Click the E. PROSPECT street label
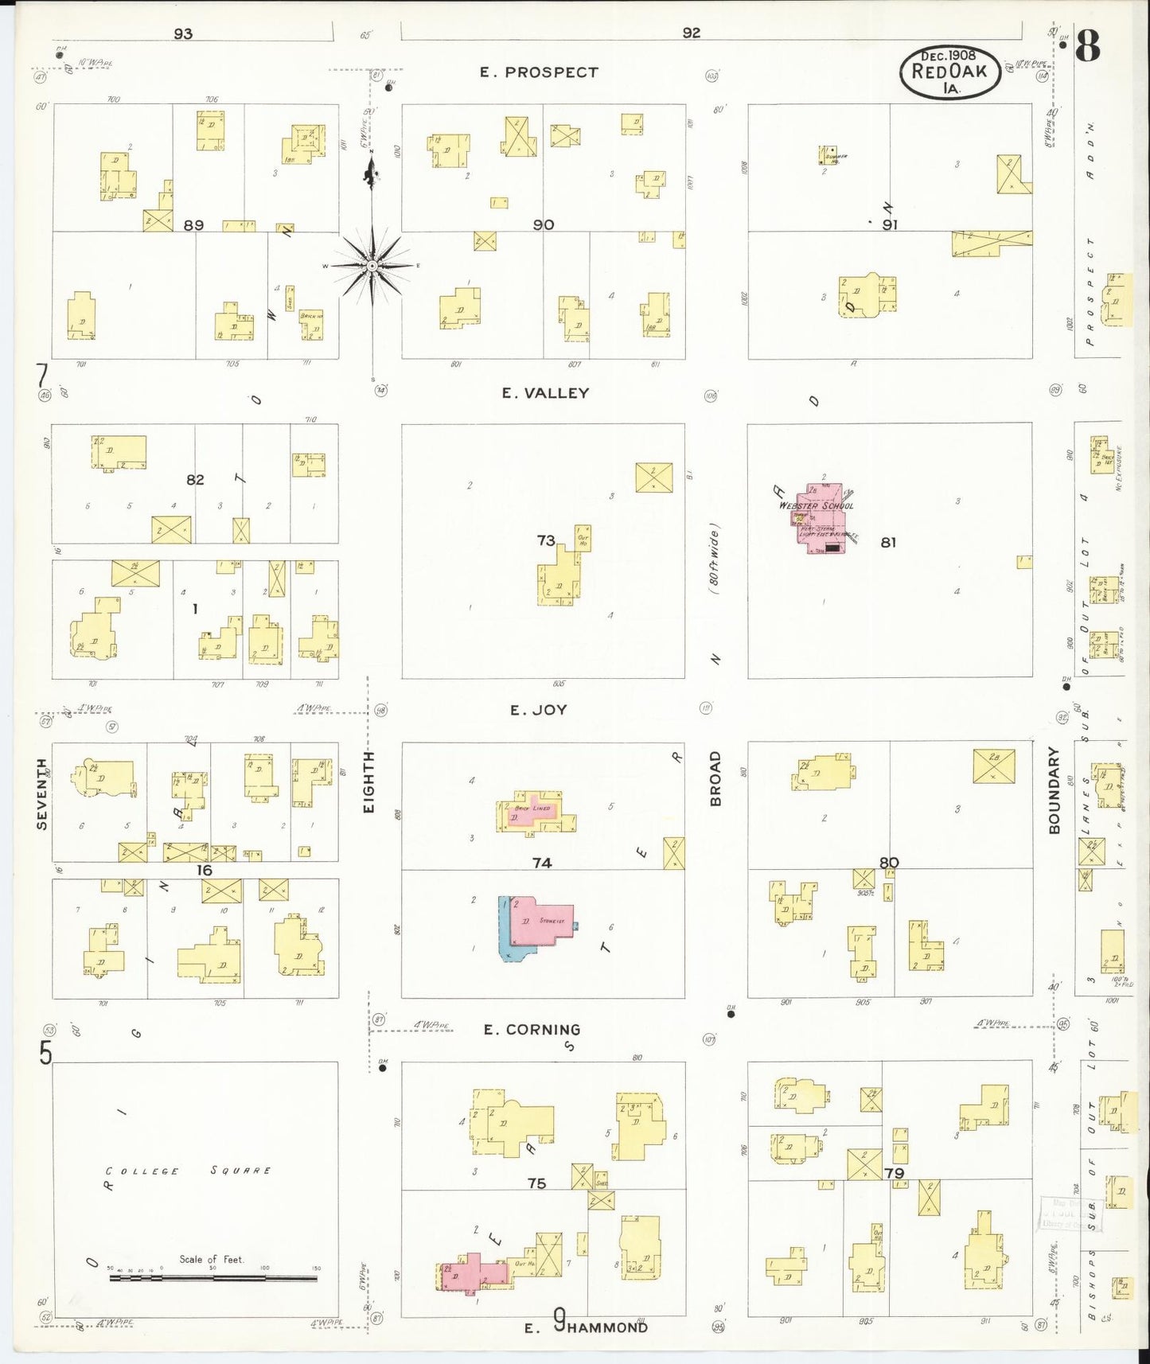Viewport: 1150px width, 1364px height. pyautogui.click(x=538, y=72)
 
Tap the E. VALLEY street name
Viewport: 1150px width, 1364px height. pyautogui.click(x=545, y=393)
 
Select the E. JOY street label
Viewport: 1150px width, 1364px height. pyautogui.click(x=538, y=711)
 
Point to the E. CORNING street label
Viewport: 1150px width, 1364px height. pyautogui.click(x=532, y=1030)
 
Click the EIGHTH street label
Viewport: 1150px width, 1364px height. pyautogui.click(x=368, y=781)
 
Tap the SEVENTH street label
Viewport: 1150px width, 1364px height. pyautogui.click(x=42, y=793)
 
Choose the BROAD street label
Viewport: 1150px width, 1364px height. pyautogui.click(x=715, y=778)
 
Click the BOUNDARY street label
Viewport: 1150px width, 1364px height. pyautogui.click(x=1054, y=790)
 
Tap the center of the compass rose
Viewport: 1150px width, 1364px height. pyautogui.click(x=372, y=266)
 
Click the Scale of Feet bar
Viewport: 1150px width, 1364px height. pyautogui.click(x=212, y=1278)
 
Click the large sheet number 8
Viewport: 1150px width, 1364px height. pyautogui.click(x=1088, y=46)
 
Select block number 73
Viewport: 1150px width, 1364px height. pyautogui.click(x=546, y=541)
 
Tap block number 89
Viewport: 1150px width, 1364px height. pyautogui.click(x=193, y=225)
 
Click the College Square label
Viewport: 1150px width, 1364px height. pyautogui.click(x=189, y=1171)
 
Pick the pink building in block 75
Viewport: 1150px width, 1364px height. pyautogui.click(x=474, y=1272)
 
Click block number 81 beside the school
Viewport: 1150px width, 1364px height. pyautogui.click(x=888, y=543)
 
